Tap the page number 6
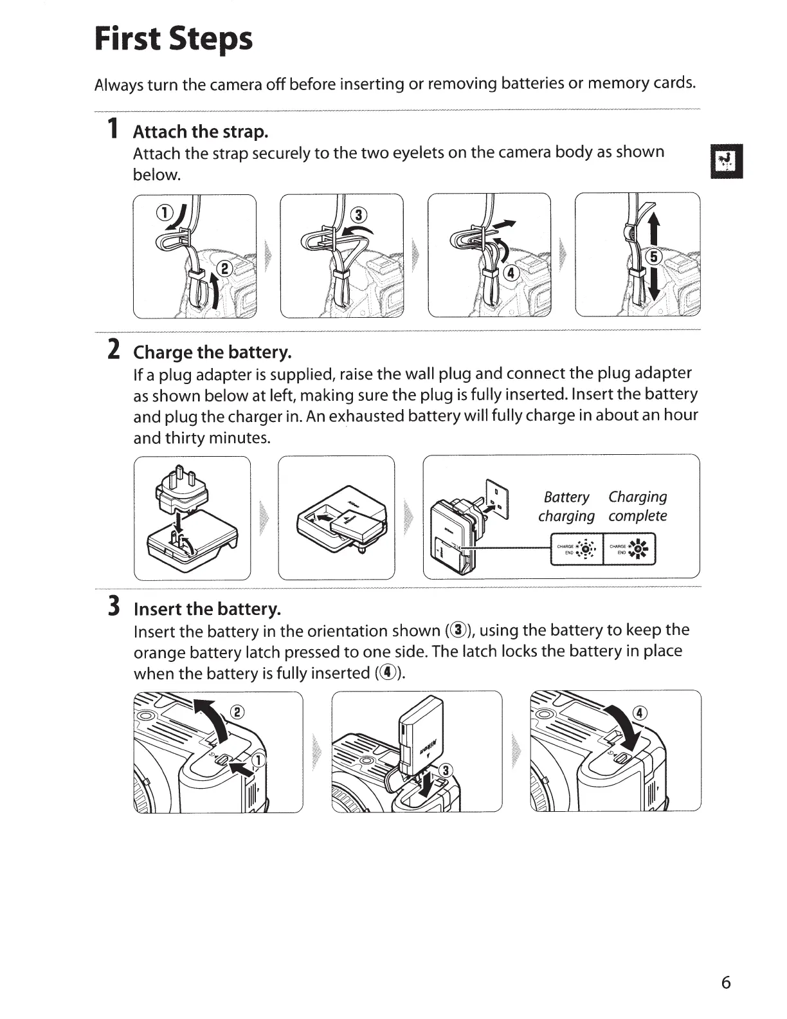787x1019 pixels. tap(726, 982)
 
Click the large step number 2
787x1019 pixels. tap(113, 349)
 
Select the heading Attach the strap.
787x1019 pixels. tap(200, 132)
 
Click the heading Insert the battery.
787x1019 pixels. tap(207, 609)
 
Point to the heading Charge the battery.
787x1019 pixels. tap(212, 353)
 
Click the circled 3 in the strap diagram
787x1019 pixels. tap(359, 214)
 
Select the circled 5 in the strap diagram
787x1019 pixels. tap(653, 257)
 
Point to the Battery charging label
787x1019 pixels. tap(566, 506)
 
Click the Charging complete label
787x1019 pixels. tap(638, 506)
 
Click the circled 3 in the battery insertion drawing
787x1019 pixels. tap(444, 771)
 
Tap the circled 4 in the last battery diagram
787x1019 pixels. tap(640, 712)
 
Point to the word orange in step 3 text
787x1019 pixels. tap(161, 652)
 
